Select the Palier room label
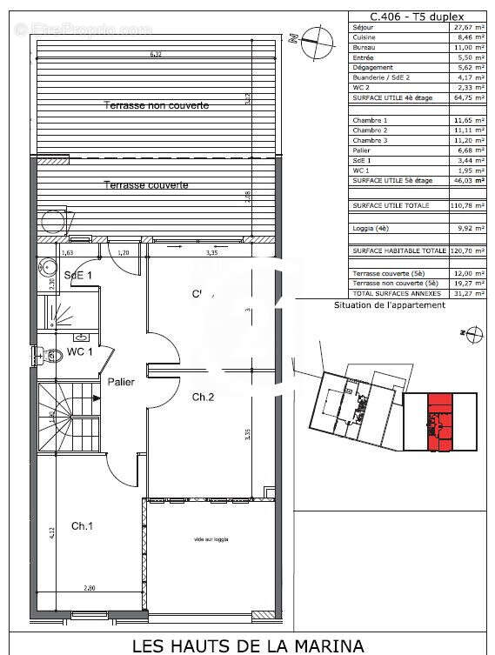coord(120,382)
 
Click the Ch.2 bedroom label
coord(203,397)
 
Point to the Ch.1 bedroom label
coord(83,525)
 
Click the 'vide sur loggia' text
coord(211,540)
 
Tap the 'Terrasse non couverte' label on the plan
coord(157,105)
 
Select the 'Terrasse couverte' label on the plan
coord(146,185)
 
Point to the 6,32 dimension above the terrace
coord(156,54)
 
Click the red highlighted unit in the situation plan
coord(441,422)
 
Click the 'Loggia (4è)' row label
coord(371,229)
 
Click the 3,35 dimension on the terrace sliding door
coord(211,253)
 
